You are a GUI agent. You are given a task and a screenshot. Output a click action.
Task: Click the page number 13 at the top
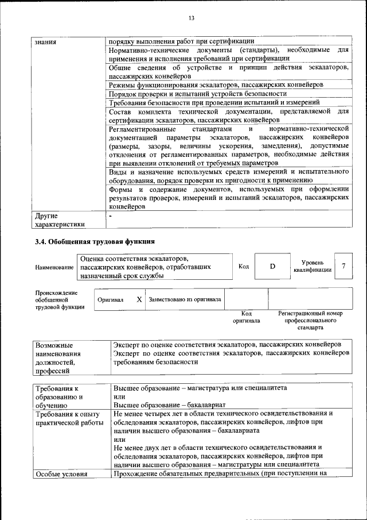192,18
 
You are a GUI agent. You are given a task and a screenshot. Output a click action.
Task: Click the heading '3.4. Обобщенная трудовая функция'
95,241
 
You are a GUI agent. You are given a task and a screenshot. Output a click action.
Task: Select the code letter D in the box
272,267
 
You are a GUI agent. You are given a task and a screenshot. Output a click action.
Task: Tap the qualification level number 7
343,266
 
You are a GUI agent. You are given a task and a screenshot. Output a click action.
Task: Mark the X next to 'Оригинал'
139,299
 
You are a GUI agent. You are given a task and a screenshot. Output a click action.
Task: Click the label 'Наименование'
54,267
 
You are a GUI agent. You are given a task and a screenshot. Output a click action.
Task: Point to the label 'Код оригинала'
246,317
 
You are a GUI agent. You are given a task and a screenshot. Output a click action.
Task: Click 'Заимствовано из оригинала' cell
185,299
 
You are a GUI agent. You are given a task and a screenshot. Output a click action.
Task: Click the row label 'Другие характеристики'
60,220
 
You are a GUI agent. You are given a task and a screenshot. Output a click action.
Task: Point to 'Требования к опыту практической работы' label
68,418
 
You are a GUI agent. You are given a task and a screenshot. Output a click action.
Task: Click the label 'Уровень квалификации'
312,266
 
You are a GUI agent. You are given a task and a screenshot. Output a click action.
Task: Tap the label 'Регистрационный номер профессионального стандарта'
310,320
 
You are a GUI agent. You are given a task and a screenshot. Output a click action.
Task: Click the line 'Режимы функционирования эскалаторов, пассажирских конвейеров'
216,84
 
